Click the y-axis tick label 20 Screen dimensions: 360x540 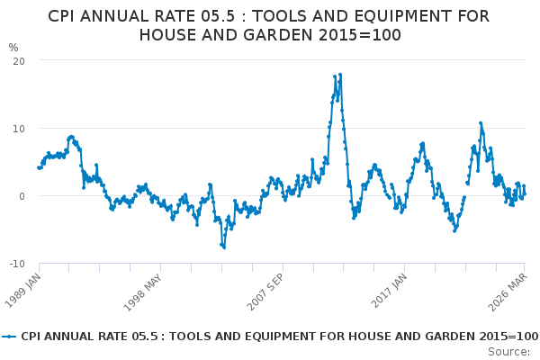pos(18,60)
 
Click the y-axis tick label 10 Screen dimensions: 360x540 pos(18,128)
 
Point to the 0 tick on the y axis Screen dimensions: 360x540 pos(22,196)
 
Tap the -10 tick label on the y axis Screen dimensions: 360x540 pos(16,264)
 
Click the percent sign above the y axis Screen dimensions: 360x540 pos(13,48)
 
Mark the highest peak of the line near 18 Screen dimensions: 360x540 pos(340,74)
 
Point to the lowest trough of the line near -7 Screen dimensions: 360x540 pos(224,247)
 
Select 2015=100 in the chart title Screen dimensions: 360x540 pos(358,34)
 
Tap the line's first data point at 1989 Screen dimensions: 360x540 pos(38,167)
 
